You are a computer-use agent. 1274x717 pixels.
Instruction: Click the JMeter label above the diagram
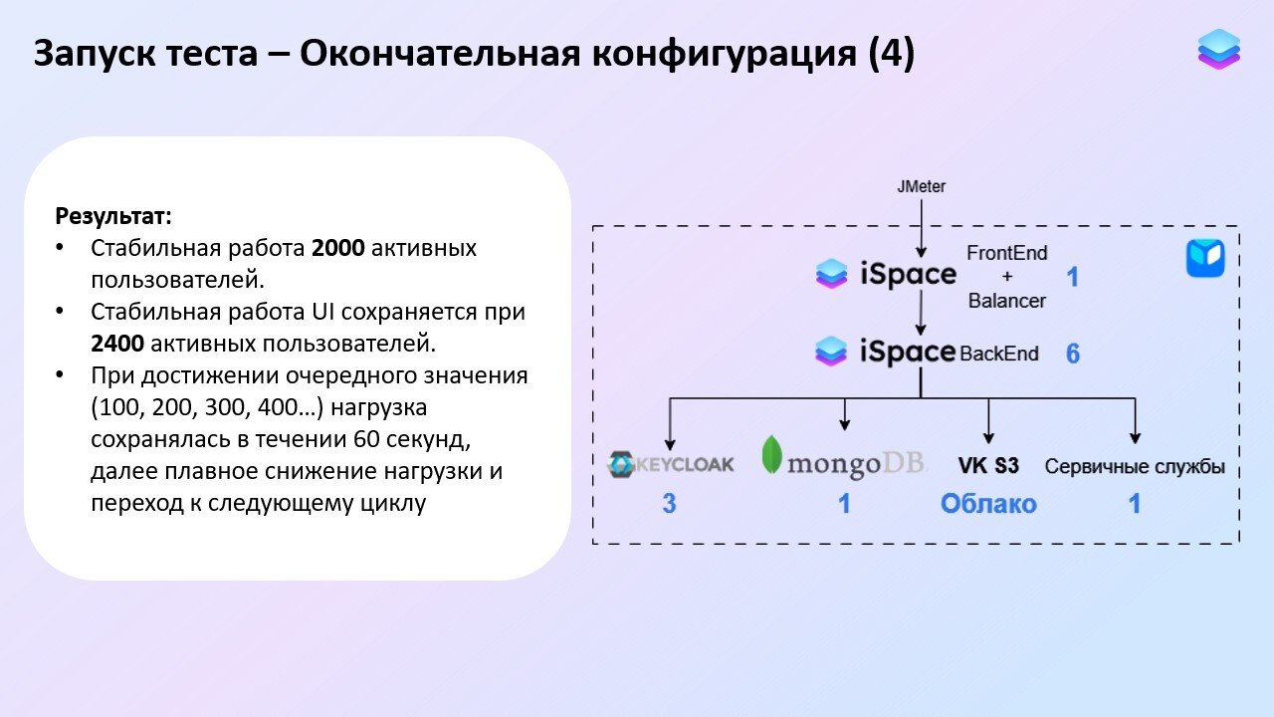coord(921,186)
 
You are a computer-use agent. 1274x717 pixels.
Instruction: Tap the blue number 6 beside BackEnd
coord(1072,354)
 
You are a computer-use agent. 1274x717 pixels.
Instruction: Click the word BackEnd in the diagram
coord(999,354)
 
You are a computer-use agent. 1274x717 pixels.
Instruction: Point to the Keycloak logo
coord(671,463)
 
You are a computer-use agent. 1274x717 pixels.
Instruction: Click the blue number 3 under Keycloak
coord(669,504)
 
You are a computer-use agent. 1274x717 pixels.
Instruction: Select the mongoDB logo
coord(844,461)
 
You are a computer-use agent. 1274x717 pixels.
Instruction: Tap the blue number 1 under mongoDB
coord(844,504)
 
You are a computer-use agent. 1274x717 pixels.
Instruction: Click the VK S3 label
coord(988,465)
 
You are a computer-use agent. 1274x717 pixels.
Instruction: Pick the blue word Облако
coord(988,504)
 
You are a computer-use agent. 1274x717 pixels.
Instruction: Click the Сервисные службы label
coord(1135,466)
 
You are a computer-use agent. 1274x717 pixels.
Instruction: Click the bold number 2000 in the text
coord(338,248)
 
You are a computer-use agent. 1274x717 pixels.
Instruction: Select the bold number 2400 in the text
coord(117,344)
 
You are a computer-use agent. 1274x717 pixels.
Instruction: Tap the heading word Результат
coord(113,216)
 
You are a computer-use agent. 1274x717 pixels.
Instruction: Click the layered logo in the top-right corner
coord(1218,49)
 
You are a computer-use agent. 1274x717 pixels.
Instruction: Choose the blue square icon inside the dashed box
coord(1204,258)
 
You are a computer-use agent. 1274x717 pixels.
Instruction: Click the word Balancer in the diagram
coord(1007,300)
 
